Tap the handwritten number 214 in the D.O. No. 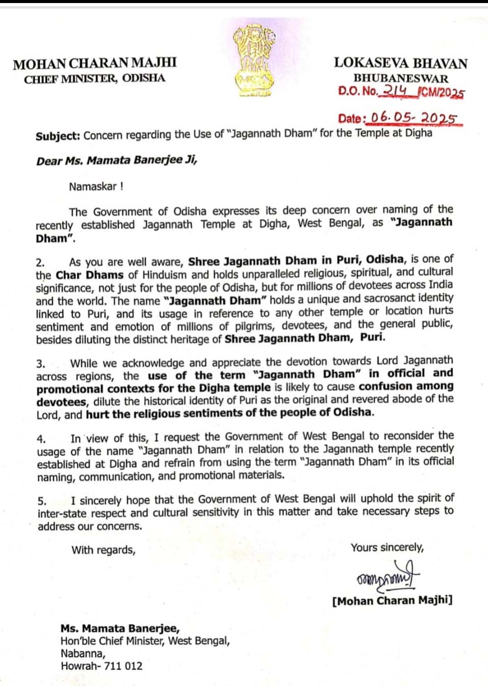(395, 91)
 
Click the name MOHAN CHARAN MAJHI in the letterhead (95, 64)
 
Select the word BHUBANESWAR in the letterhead (401, 78)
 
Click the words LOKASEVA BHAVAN (401, 63)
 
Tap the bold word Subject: (58, 136)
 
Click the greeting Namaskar (96, 186)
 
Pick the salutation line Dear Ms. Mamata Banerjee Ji (116, 161)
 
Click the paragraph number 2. (40, 263)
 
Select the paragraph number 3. (40, 364)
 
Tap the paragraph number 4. (41, 438)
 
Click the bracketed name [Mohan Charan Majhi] (392, 601)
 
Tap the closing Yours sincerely (387, 547)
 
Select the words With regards (104, 550)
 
